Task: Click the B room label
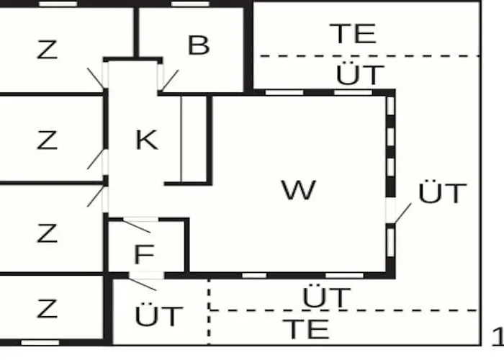[x=199, y=45]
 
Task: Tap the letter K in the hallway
[x=147, y=140]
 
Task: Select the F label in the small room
[x=144, y=254]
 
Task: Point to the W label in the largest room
[x=299, y=189]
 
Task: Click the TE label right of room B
[x=353, y=33]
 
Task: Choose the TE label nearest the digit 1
[x=306, y=329]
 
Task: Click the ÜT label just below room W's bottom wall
[x=327, y=295]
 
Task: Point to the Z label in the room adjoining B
[x=48, y=50]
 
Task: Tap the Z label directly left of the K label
[x=48, y=140]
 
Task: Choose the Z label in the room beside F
[x=48, y=233]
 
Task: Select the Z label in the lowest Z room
[x=48, y=309]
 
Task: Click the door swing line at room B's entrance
[x=169, y=81]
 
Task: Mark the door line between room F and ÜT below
[x=142, y=284]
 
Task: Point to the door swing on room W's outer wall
[x=402, y=213]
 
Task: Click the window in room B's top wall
[x=190, y=4]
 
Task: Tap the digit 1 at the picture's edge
[x=499, y=337]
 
